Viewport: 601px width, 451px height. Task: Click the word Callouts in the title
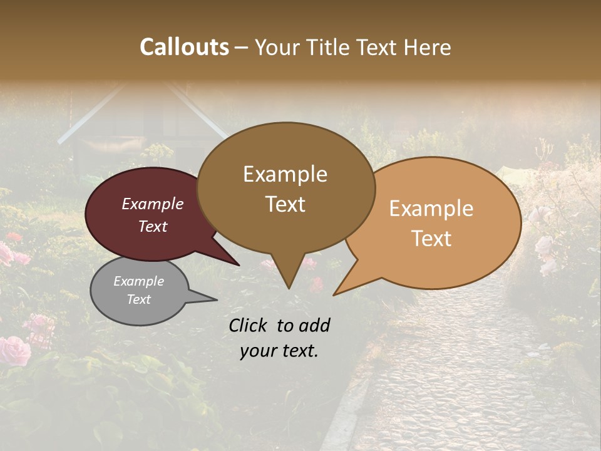tap(184, 47)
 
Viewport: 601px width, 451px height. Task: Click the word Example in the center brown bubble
tap(285, 174)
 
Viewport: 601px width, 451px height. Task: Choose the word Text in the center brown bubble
tap(285, 204)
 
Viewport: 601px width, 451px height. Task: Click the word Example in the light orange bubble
tap(431, 209)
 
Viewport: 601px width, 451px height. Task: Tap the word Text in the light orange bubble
tap(431, 239)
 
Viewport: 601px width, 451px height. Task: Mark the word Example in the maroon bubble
tap(152, 204)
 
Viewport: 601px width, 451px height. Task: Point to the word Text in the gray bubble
tap(139, 299)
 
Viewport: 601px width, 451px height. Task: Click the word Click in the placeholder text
tap(249, 325)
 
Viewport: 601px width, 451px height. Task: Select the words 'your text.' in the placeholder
tap(279, 351)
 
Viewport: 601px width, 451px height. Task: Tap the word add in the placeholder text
tap(314, 325)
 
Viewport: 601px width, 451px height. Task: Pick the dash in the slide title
tap(241, 47)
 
